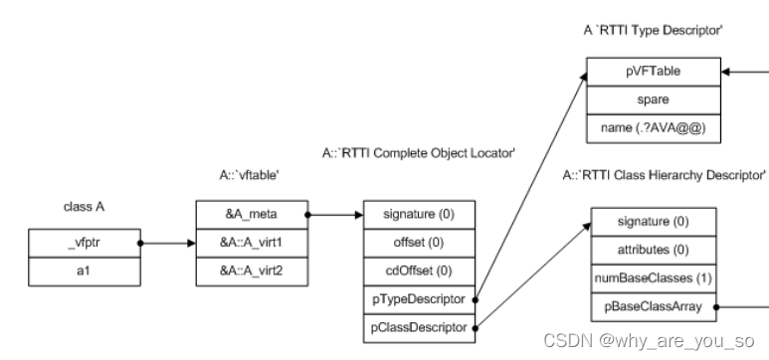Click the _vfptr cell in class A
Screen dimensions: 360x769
pos(86,243)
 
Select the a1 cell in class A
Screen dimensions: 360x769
pos(86,269)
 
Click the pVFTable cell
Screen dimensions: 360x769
pos(652,73)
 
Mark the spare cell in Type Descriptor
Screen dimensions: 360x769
pos(652,99)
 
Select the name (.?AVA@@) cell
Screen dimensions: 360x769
pos(652,127)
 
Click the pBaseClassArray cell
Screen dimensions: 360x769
pos(653,308)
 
